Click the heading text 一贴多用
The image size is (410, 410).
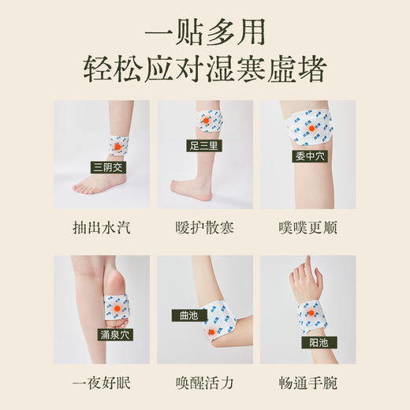pyautogui.click(x=204, y=33)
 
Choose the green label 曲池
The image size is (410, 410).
pyautogui.click(x=189, y=315)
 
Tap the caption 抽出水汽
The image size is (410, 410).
pyautogui.click(x=102, y=229)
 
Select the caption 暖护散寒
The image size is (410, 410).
pyautogui.click(x=204, y=229)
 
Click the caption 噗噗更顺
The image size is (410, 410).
pyautogui.click(x=307, y=229)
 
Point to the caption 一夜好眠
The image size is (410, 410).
pyautogui.click(x=102, y=386)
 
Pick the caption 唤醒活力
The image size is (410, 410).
pyautogui.click(x=204, y=386)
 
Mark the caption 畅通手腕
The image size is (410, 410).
pyautogui.click(x=307, y=386)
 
